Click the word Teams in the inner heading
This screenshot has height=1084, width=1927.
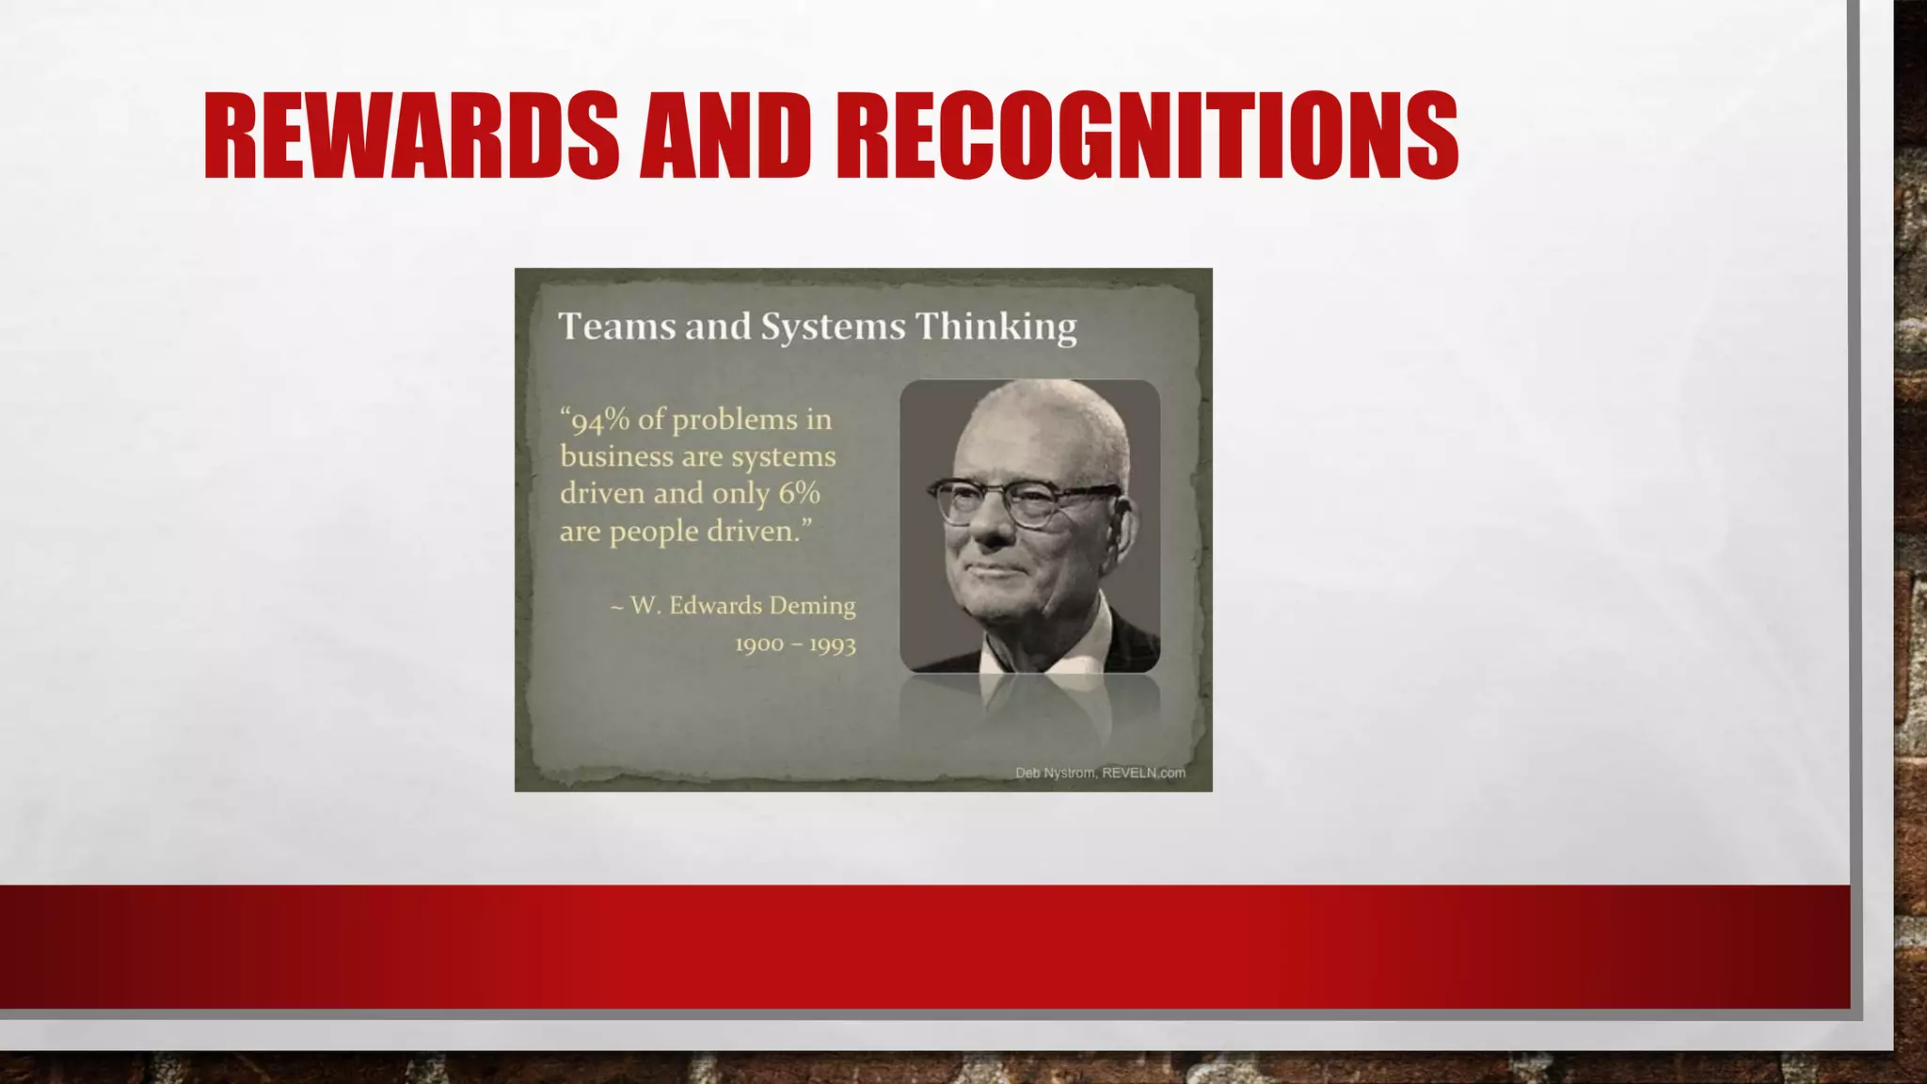[617, 327]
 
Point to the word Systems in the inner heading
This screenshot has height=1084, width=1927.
[833, 327]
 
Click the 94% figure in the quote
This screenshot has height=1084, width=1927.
[599, 420]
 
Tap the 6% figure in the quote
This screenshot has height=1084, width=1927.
[799, 493]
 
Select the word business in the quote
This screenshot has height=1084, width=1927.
[616, 456]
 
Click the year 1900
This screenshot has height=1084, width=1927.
[759, 645]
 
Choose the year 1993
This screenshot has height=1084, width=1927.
[832, 645]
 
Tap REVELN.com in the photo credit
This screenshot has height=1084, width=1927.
[1143, 773]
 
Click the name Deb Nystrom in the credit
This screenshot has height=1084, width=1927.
[1055, 773]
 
